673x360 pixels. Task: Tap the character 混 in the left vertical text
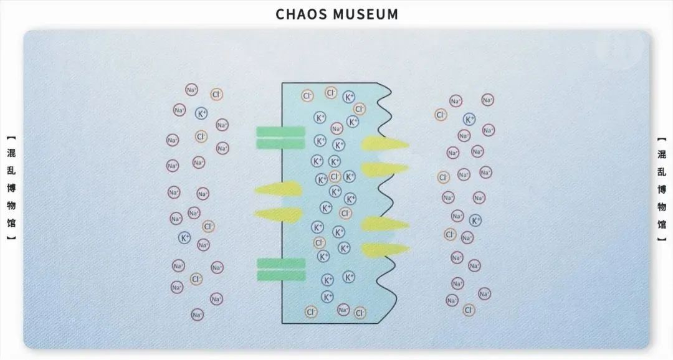[x=11, y=153]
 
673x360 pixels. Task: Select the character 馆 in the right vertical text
[x=662, y=224]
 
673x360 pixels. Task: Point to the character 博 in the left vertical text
[x=11, y=188]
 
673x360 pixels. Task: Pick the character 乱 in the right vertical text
[x=662, y=172]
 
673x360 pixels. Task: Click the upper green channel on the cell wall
[x=280, y=138]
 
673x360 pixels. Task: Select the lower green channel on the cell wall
[x=281, y=270]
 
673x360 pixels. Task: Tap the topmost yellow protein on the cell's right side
[x=384, y=144]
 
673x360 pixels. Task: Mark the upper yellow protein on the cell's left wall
[x=279, y=189]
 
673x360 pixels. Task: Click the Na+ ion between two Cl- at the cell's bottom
[x=343, y=310]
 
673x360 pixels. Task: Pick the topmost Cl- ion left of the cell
[x=217, y=95]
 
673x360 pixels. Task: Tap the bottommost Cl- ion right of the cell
[x=469, y=310]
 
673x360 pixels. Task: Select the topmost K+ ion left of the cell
[x=201, y=113]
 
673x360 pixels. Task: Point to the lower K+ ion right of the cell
[x=475, y=220]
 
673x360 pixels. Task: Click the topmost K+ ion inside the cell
[x=349, y=97]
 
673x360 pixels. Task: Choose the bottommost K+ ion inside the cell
[x=327, y=296]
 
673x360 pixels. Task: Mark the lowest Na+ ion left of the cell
[x=197, y=315]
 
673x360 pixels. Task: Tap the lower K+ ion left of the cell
[x=184, y=237]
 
